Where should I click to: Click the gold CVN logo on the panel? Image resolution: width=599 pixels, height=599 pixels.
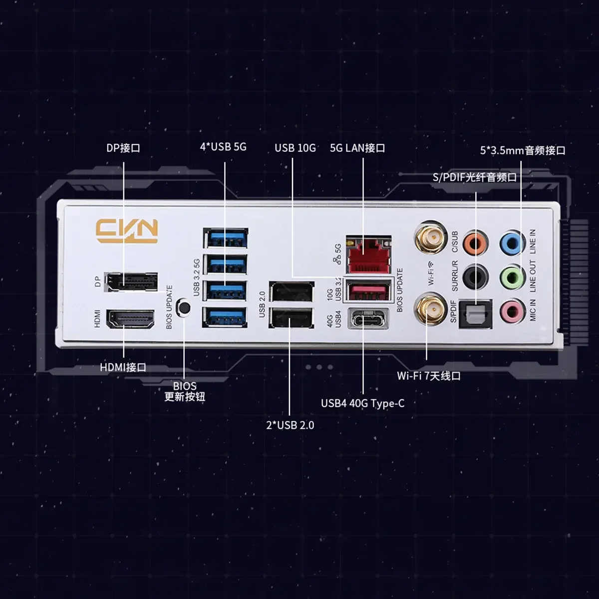[126, 231]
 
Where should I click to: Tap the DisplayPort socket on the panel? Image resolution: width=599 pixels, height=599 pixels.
[131, 282]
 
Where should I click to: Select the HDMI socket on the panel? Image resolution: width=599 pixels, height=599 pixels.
[131, 319]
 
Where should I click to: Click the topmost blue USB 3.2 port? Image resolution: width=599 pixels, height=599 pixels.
[226, 238]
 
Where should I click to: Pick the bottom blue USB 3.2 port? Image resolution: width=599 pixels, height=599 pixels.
[225, 317]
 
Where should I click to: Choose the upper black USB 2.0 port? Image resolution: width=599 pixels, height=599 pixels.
[292, 291]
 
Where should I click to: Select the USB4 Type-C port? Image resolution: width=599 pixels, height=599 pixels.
[368, 318]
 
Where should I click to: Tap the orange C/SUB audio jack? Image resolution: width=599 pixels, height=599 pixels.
[475, 243]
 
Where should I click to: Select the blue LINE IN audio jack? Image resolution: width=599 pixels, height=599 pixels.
[512, 243]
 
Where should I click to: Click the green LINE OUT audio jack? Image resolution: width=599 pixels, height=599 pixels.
[512, 277]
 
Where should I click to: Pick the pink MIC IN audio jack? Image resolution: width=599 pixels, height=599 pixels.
[512, 311]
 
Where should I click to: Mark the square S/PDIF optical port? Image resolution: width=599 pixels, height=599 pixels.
[476, 313]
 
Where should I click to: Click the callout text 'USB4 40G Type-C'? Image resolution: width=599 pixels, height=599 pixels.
[363, 403]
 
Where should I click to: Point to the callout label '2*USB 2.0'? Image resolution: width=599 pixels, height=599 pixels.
[290, 425]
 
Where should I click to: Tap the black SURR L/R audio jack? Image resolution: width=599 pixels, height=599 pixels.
[475, 277]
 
